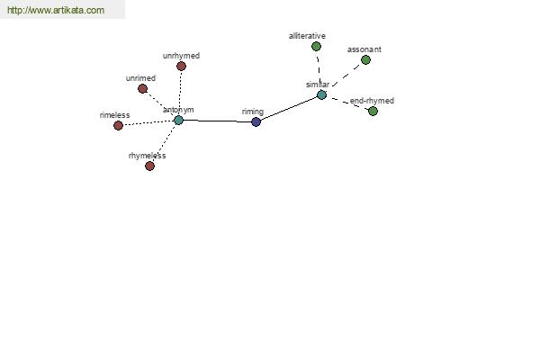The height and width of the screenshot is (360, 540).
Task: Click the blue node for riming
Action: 256,121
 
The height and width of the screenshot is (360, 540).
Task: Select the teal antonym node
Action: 178,121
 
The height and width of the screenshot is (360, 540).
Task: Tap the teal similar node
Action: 321,94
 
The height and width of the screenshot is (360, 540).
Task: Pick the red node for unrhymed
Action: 181,66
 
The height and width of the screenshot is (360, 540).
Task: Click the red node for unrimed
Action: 142,88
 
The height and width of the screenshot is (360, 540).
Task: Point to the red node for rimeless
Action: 118,125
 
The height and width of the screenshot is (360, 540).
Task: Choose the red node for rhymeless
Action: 149,166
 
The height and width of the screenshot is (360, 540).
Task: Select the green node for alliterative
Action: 316,46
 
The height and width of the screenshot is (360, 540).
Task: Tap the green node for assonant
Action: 365,60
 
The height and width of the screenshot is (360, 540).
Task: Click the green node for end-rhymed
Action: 373,111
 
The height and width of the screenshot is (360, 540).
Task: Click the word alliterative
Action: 307,36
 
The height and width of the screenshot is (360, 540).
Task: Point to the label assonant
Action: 364,49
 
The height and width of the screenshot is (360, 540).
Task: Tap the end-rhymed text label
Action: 372,101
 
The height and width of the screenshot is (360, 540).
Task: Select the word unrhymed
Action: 181,56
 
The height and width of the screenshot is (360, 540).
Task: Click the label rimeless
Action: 114,115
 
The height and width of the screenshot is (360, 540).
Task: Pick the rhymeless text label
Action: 147,156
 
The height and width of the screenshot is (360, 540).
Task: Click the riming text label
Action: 253,112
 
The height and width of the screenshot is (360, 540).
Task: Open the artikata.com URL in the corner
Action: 56,10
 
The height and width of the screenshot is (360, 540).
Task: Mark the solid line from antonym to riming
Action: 217,121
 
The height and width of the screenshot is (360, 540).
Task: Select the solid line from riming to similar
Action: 289,109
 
